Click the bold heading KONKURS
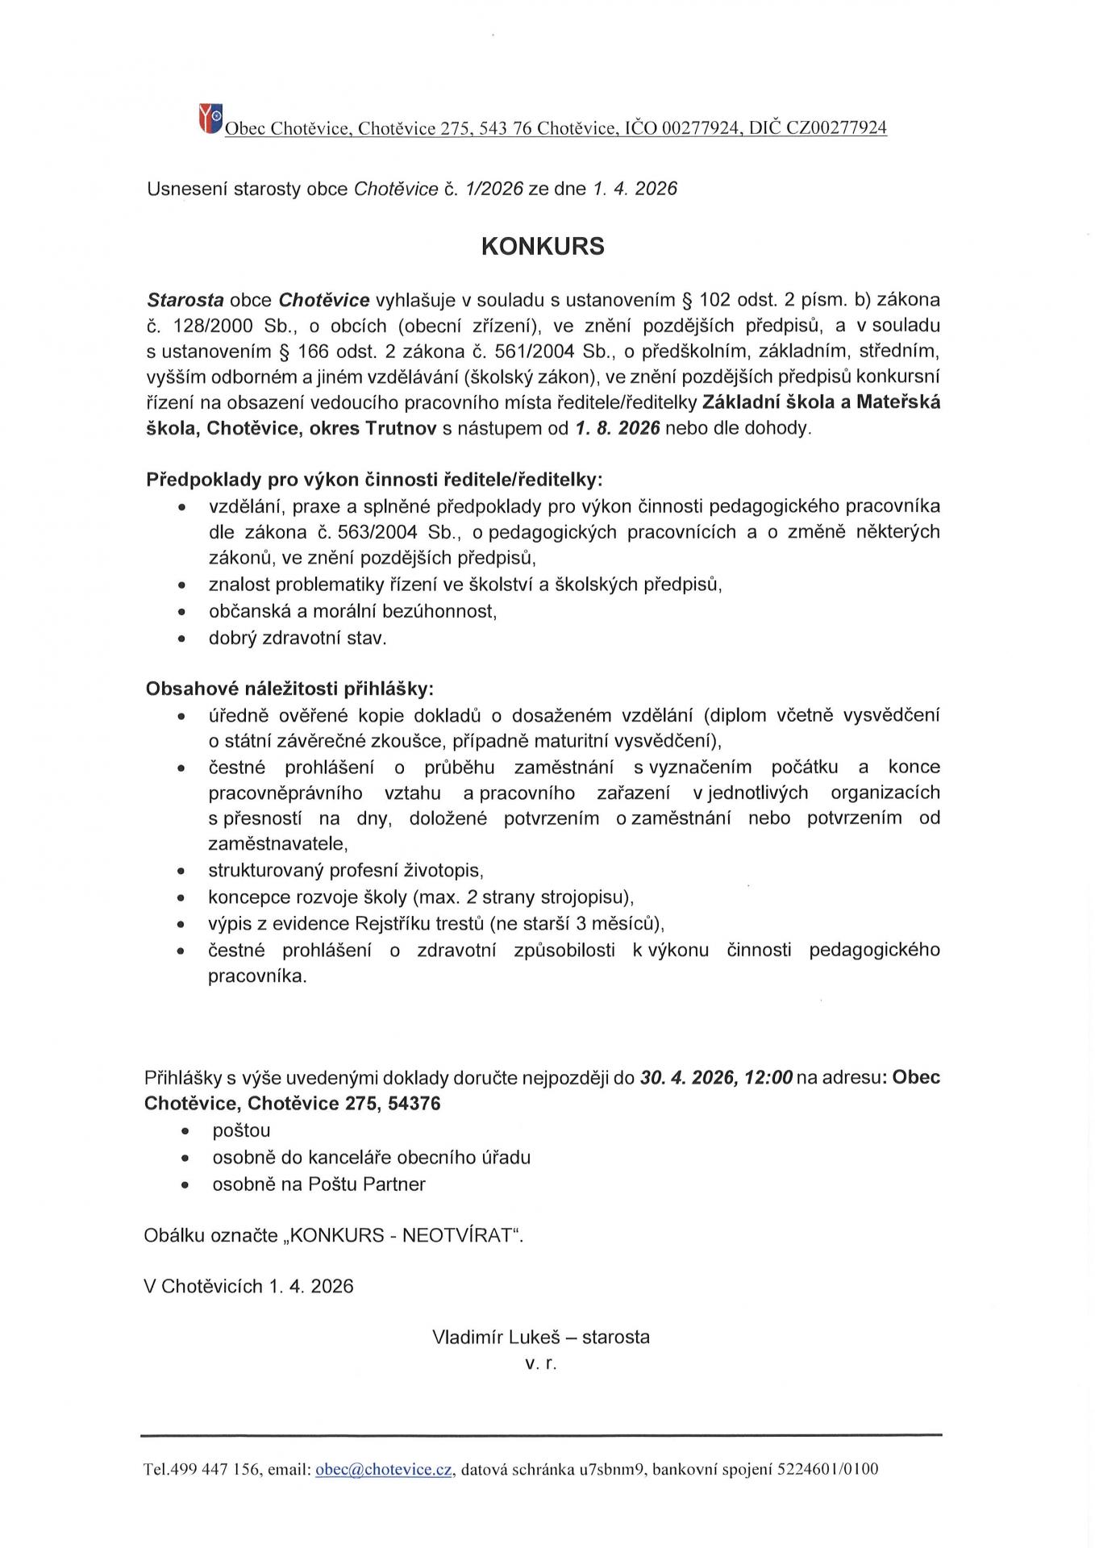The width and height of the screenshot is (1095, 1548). tap(542, 247)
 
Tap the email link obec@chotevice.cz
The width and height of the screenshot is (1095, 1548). tap(383, 1469)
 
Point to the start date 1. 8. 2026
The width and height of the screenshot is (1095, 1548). tap(618, 428)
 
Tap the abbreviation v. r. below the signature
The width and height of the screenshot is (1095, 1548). tap(540, 1363)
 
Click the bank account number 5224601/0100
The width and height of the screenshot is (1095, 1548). tap(827, 1469)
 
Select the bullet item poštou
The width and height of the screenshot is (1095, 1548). tap(241, 1130)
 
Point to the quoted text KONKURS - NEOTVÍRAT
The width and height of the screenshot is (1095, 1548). tap(402, 1235)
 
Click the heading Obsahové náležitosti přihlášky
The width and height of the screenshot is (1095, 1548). tap(289, 689)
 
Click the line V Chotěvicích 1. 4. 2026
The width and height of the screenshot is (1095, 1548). tap(248, 1285)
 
